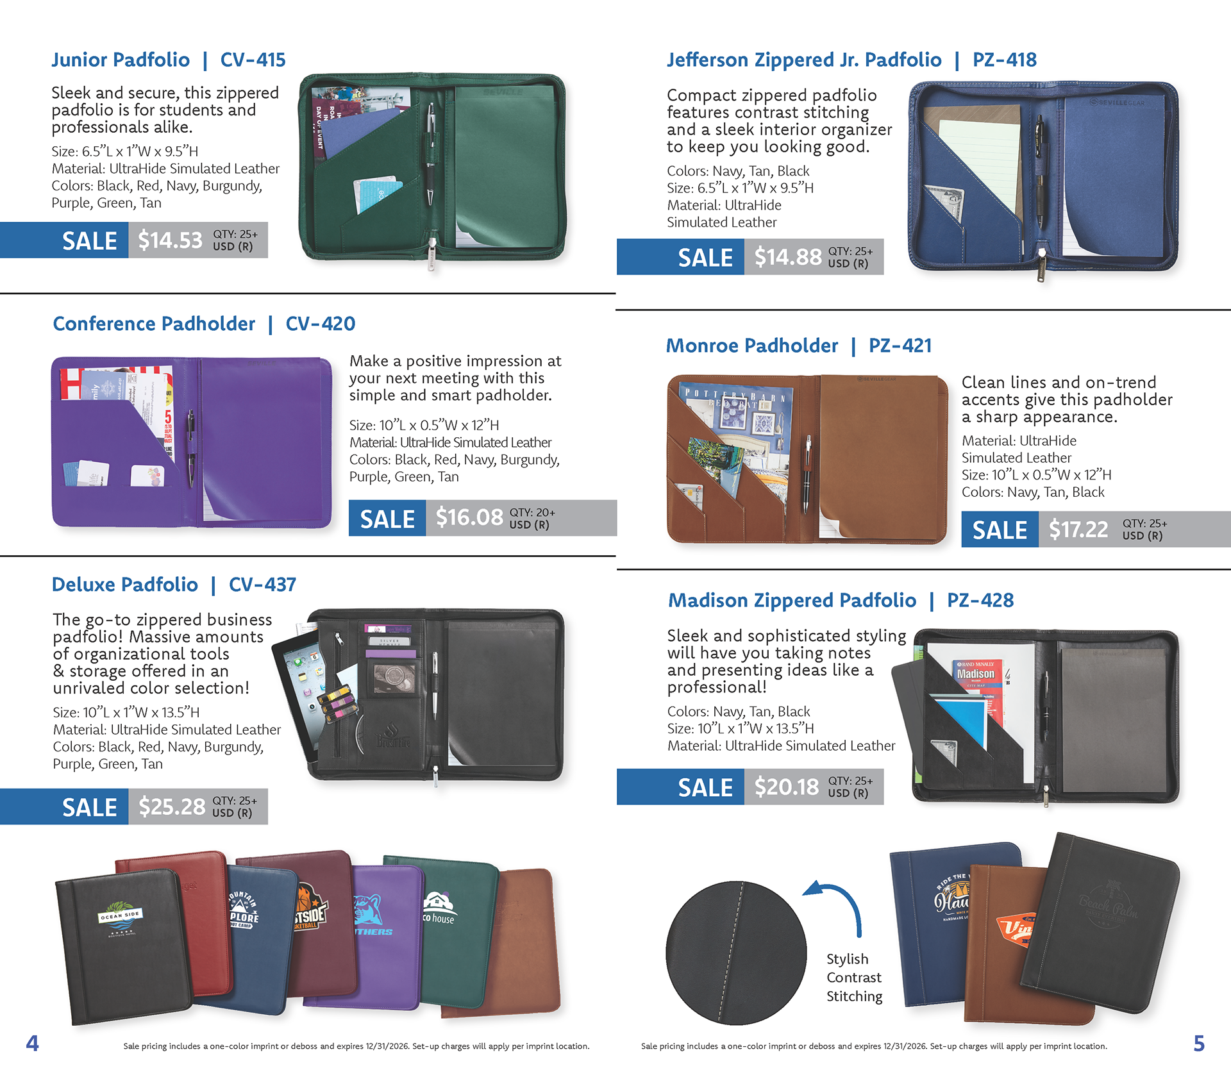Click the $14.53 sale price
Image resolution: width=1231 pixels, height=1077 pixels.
point(170,240)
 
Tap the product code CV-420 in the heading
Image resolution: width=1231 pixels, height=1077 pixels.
point(320,324)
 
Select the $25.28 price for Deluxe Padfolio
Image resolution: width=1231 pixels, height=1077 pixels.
point(171,806)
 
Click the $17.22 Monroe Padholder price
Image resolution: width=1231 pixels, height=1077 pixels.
point(1078,530)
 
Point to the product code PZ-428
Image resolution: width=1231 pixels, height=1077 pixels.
point(980,600)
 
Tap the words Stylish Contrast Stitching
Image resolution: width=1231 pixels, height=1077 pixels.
point(854,978)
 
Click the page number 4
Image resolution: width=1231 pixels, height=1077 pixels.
point(32,1043)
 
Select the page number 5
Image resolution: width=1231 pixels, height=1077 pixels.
point(1198,1044)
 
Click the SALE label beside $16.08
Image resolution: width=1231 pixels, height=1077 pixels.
point(387,519)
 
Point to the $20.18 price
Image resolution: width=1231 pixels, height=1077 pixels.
point(787,787)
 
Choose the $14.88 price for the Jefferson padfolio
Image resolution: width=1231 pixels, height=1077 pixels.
point(787,257)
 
